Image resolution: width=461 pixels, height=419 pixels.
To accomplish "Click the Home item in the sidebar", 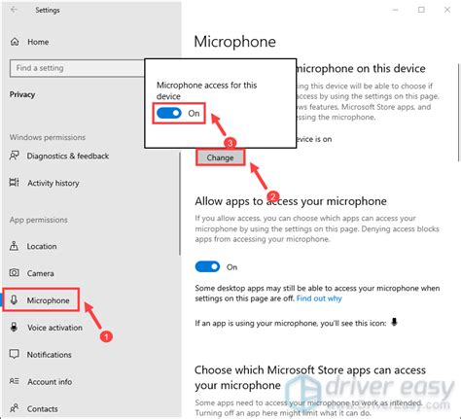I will point(38,42).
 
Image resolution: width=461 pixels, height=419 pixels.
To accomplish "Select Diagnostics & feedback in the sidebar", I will point(68,157).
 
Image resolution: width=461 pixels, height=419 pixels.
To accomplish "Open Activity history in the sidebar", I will point(53,182).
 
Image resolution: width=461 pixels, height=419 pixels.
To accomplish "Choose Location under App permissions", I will point(42,246).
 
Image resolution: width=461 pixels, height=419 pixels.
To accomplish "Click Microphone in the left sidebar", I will point(49,300).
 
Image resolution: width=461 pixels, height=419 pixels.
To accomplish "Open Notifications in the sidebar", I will point(49,355).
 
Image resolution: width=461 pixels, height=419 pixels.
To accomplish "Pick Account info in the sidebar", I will point(49,382).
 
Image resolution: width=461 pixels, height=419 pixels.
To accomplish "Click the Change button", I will point(221,157).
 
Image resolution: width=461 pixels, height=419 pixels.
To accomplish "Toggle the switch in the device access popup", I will point(169,114).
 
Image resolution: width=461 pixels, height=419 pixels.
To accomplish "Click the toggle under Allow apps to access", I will point(208,265).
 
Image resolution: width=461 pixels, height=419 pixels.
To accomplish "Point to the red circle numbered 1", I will point(108,335).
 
